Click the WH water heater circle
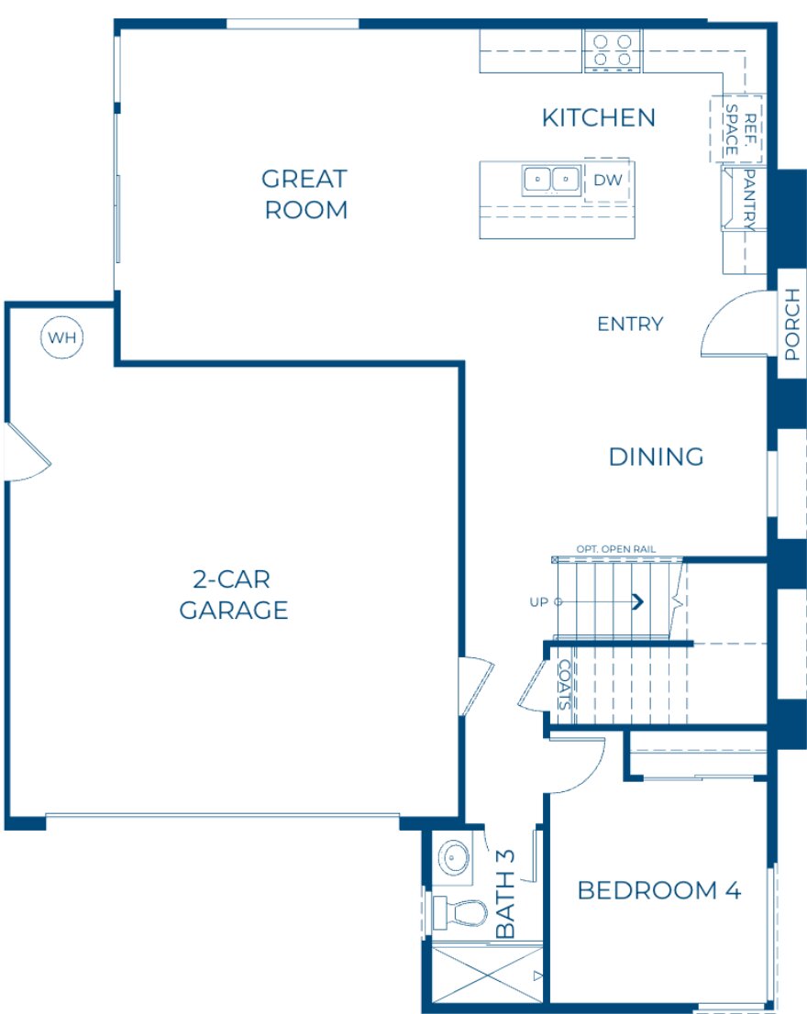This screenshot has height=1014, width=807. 62,337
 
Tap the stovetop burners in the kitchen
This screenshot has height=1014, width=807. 612,50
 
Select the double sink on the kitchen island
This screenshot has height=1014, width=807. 551,180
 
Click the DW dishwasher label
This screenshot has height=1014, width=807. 607,181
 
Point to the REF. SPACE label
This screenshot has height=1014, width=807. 742,128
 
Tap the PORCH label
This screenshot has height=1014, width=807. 792,324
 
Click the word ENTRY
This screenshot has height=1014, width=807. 629,324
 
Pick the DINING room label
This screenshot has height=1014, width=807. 656,457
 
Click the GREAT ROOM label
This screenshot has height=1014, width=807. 305,193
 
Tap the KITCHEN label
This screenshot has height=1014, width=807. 598,117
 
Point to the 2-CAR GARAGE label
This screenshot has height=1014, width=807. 234,595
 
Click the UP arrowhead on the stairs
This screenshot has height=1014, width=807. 635,601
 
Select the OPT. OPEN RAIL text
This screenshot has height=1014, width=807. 615,549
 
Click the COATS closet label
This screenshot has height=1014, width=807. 565,686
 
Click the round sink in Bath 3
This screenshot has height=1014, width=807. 453,858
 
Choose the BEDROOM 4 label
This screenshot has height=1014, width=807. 658,889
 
